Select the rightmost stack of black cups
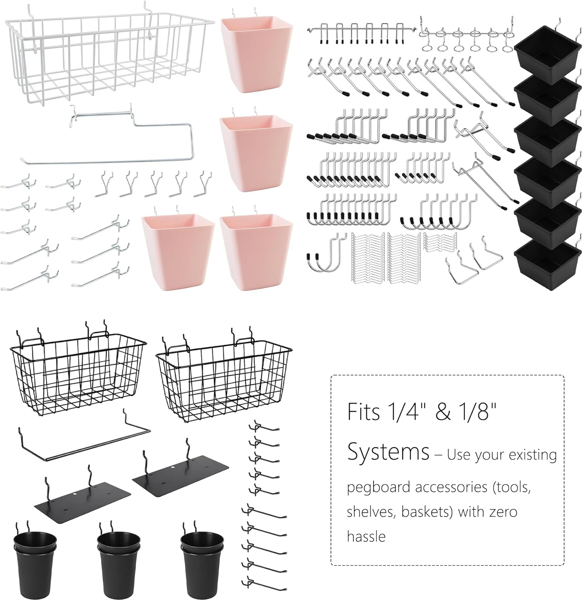click(x=202, y=559)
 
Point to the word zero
click(x=503, y=512)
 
